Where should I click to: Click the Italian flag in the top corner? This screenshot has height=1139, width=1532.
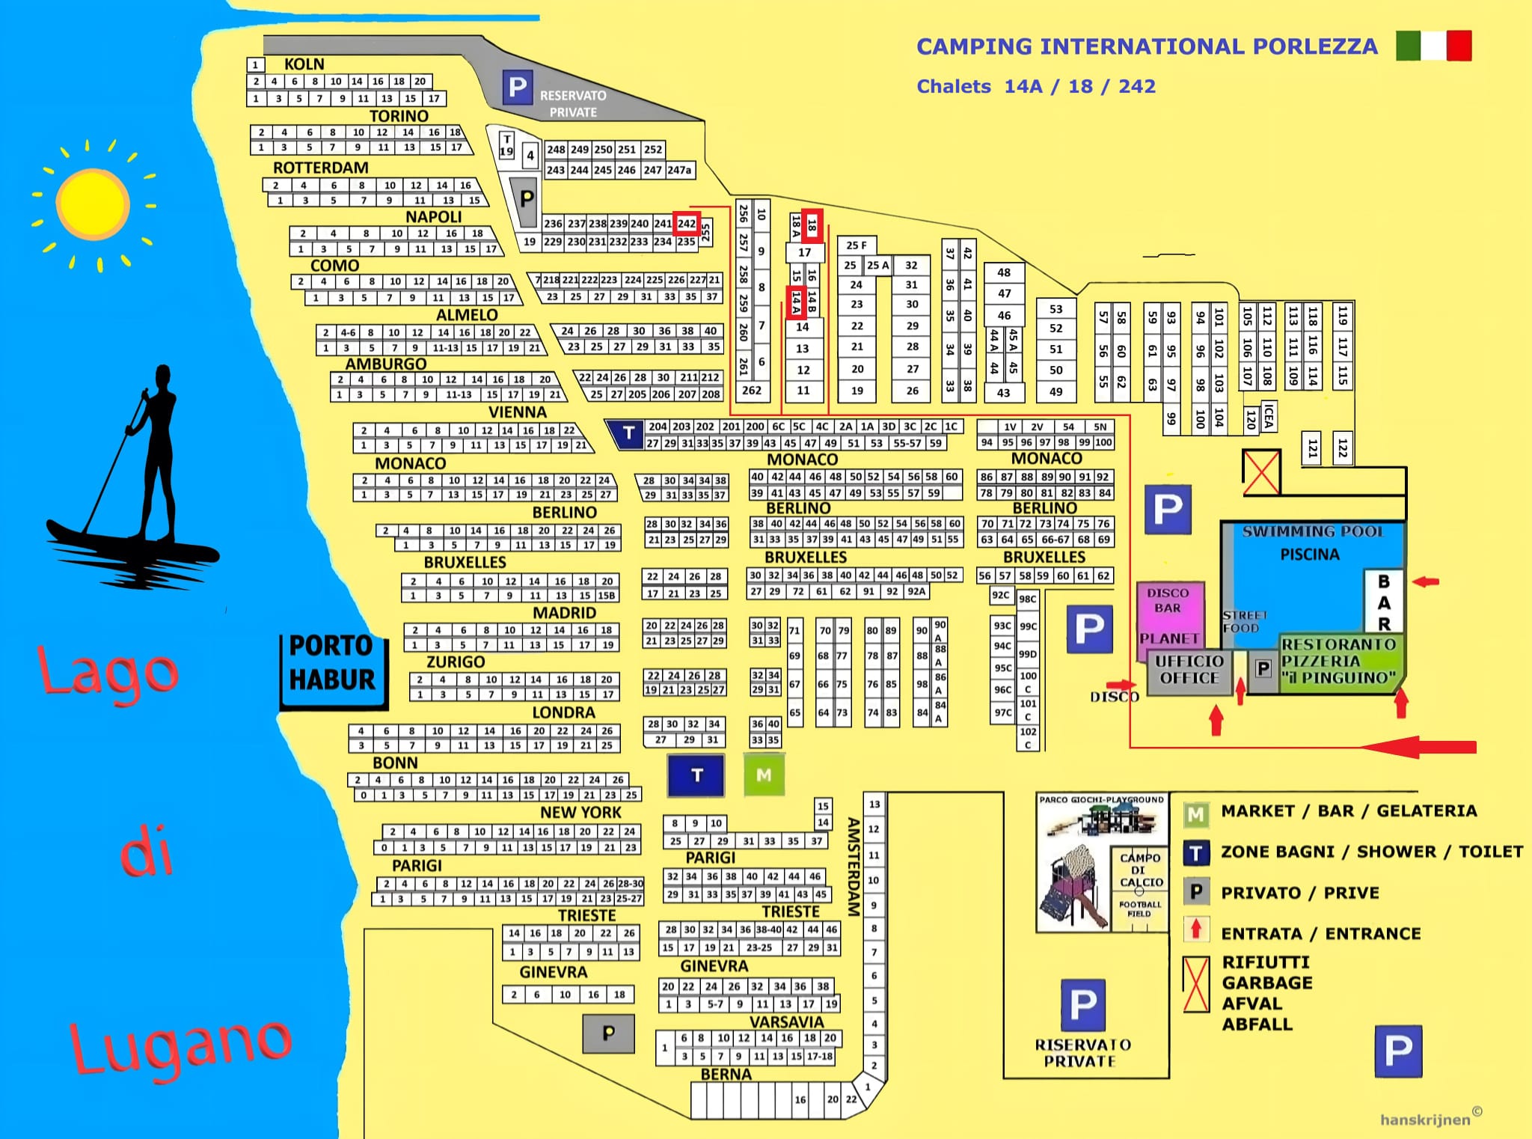click(x=1433, y=46)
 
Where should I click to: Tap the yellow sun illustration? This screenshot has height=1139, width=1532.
click(x=93, y=204)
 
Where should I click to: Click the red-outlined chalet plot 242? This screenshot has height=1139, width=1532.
click(x=686, y=224)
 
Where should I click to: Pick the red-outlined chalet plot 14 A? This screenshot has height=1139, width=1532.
click(x=796, y=302)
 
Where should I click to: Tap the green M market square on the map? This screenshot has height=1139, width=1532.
click(x=764, y=775)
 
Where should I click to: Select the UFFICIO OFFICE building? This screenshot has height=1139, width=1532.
click(x=1189, y=671)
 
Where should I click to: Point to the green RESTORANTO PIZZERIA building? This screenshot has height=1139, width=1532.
click(x=1338, y=662)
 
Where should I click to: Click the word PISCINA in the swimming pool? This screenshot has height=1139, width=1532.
click(x=1309, y=555)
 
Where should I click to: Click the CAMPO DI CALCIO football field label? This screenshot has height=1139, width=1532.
click(x=1140, y=870)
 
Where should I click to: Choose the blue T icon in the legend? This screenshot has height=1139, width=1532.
click(x=1197, y=852)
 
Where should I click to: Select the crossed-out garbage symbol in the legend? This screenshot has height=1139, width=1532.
click(x=1196, y=983)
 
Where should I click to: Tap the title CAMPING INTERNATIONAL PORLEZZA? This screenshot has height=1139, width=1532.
click(x=1147, y=46)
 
